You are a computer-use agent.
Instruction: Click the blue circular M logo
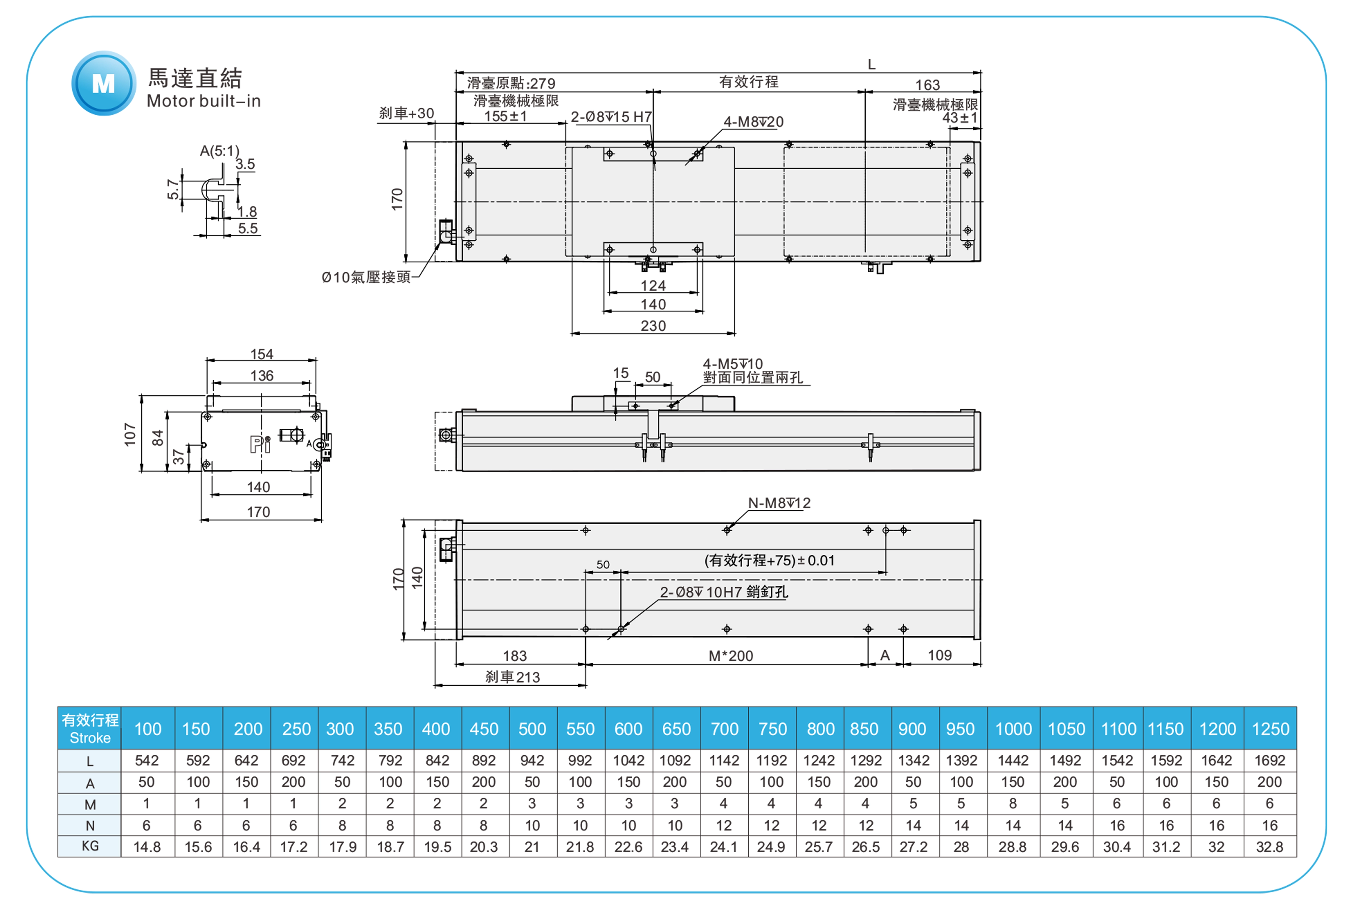coord(104,83)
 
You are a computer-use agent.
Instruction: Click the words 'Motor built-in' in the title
coord(204,101)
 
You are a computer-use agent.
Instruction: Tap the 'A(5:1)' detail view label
coord(219,151)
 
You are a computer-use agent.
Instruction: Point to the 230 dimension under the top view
coord(653,326)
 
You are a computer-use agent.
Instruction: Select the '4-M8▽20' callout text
coord(753,122)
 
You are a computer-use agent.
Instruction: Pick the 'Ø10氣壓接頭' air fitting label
coord(366,277)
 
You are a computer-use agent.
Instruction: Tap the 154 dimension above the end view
coord(262,354)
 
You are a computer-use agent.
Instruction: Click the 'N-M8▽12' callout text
coord(779,503)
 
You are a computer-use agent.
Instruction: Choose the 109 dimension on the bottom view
coord(939,655)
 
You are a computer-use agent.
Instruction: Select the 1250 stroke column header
coord(1270,729)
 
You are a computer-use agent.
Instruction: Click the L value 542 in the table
coord(147,760)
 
